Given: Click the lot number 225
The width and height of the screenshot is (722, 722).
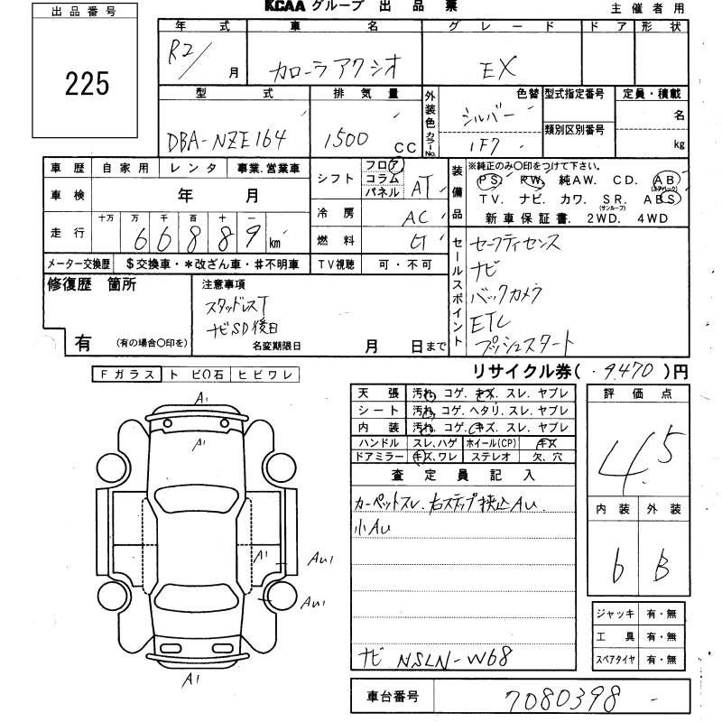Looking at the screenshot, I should coord(87,84).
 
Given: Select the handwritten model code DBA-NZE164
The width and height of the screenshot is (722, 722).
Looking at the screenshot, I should coord(227,139).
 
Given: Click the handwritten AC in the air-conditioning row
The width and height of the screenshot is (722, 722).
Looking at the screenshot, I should coord(416,218).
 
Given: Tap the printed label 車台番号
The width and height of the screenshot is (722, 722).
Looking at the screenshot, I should coord(392,697).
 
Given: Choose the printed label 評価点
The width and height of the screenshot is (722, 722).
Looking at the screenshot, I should coord(640,393).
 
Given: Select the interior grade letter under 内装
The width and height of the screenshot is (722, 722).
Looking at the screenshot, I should coord(617,567).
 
